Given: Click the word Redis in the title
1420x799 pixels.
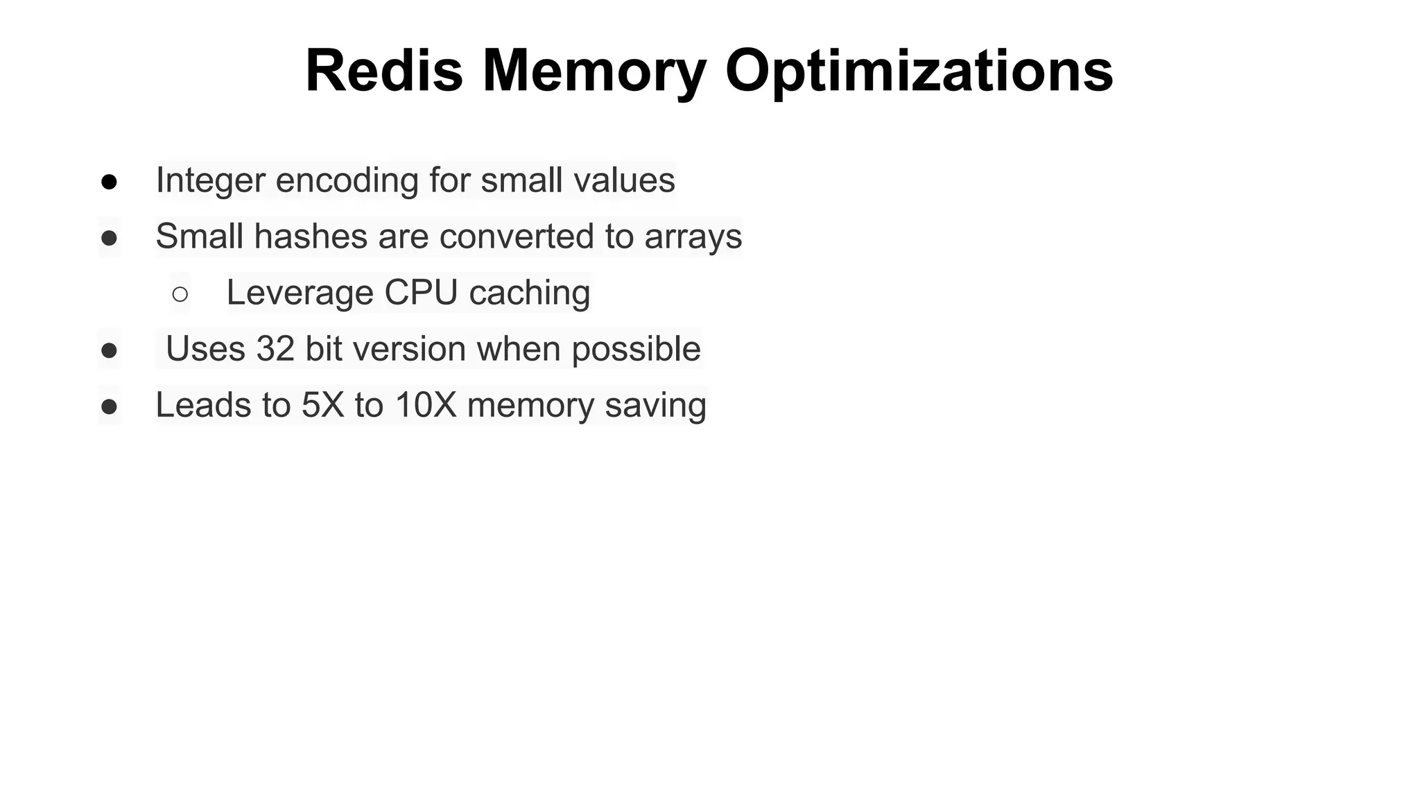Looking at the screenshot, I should coord(383,71).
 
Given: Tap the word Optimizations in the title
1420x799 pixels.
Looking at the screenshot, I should coord(919,71).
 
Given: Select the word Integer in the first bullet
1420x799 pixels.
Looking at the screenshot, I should coord(211,180).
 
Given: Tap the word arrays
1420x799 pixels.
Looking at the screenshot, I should coord(693,237).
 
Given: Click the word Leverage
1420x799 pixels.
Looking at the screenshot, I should coord(300,293).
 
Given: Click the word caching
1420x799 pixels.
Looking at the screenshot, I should coord(530,293).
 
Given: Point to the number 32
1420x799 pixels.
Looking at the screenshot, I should coord(275,349).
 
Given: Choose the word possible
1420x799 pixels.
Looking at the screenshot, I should coord(636,349).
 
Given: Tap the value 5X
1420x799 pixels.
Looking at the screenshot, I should coord(323,405).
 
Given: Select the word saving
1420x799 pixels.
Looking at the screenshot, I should coord(655,405).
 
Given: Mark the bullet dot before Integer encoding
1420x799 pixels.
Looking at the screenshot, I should coord(109,182).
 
